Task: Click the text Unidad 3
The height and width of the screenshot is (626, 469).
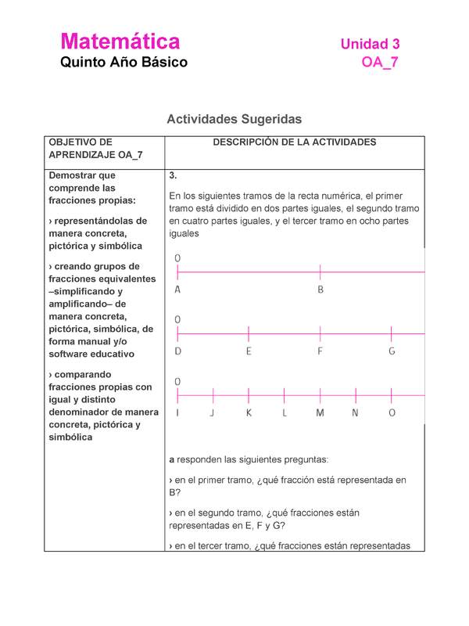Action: click(x=370, y=45)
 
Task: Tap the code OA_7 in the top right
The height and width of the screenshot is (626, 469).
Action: click(x=380, y=63)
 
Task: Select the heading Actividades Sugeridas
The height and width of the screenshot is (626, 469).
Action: click(x=234, y=119)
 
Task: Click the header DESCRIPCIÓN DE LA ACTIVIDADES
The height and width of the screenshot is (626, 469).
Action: click(x=295, y=142)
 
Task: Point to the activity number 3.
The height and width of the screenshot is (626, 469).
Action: click(x=173, y=175)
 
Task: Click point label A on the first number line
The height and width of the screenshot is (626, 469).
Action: click(x=178, y=290)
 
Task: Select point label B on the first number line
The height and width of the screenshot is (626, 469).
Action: click(x=320, y=290)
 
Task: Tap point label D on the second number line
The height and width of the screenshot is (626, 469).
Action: click(x=178, y=351)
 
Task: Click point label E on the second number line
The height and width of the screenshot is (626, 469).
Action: click(x=249, y=351)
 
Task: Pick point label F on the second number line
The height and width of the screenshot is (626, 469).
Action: click(x=320, y=351)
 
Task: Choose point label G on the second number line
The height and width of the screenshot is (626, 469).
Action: click(x=392, y=351)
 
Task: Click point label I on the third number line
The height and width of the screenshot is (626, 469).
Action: click(x=178, y=413)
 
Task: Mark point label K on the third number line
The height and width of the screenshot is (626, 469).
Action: click(x=249, y=413)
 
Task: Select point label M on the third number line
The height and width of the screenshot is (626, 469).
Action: click(x=320, y=413)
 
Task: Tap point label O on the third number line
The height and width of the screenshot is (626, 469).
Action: click(x=392, y=413)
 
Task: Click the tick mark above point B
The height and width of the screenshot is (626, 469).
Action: click(x=320, y=272)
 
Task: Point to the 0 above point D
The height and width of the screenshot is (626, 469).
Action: click(x=178, y=319)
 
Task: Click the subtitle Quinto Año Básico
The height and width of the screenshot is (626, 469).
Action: click(x=124, y=63)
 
